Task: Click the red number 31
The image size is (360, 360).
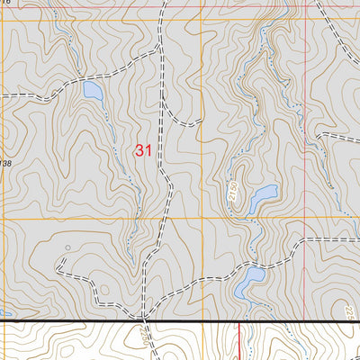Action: point(143,151)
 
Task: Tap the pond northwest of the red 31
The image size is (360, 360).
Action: point(92,90)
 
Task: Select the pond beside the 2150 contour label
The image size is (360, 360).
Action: point(264,198)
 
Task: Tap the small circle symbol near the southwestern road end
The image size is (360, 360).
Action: point(69,246)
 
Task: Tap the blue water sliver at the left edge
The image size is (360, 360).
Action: point(4,314)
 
